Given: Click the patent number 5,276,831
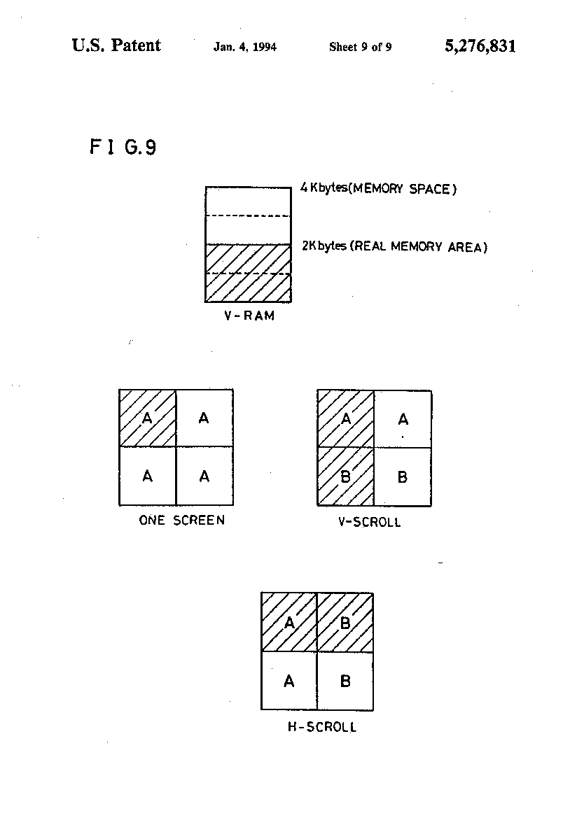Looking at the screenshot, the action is pos(480,46).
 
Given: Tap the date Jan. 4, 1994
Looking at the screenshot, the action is pos(245,47).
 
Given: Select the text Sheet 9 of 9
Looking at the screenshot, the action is pos(361,47).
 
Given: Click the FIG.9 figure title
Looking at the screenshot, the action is pos(123,147).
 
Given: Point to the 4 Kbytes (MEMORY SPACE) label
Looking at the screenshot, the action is pos(378,188).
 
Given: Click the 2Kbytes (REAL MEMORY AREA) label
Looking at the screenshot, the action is pos(394,246).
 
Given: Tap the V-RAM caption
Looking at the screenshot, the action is pos(249,316).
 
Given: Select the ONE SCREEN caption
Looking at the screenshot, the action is pos(182,520).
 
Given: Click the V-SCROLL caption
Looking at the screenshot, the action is pos(369,522).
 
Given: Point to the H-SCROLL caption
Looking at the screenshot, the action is pos(322,726).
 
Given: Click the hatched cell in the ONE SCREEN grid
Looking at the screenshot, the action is pos(148,418).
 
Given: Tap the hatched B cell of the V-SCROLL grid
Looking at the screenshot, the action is pos(346,476).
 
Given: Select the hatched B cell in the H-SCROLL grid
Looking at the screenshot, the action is pos(345,622).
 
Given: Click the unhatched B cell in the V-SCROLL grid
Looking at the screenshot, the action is pos(403,476).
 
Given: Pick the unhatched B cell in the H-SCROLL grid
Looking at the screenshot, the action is pos(345,681).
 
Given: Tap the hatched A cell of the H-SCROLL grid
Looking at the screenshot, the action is pos(289,622).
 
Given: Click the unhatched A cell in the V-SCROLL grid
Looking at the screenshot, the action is pos(403,419).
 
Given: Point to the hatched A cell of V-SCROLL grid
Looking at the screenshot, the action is pos(346,419).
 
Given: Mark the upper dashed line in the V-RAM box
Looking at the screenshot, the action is pos(249,216).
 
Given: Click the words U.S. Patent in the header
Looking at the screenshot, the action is pos(116,45).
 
